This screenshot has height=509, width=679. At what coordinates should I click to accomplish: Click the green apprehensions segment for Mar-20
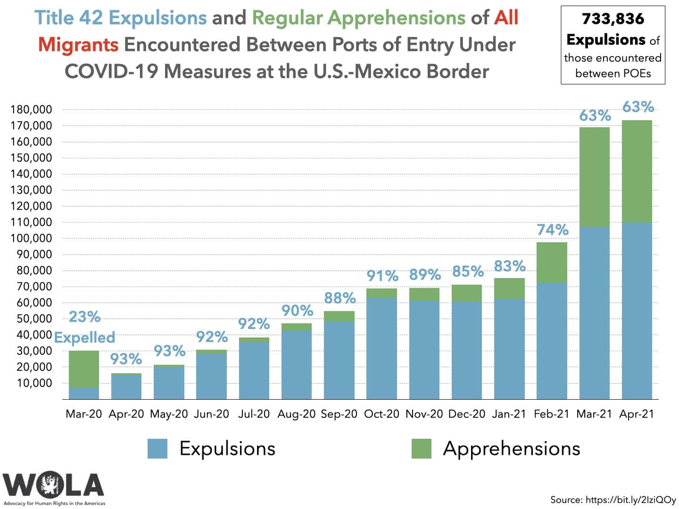(84, 369)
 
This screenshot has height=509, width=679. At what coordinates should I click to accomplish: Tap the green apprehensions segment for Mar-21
(594, 177)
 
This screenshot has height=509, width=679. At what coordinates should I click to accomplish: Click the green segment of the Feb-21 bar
(552, 263)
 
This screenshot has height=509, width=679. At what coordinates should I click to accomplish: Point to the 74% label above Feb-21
(552, 230)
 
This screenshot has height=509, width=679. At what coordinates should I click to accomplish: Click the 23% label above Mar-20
(84, 317)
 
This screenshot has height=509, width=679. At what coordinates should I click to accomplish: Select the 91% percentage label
(382, 276)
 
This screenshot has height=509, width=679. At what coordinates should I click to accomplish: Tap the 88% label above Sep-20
(339, 298)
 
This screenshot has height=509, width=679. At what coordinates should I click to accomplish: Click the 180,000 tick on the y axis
(31, 110)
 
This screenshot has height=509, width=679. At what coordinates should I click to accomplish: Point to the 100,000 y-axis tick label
(31, 238)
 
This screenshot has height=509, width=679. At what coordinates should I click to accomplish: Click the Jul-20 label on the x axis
(254, 414)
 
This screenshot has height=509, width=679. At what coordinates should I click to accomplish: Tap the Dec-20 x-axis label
(466, 414)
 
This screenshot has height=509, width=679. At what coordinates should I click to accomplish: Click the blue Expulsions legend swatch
(157, 449)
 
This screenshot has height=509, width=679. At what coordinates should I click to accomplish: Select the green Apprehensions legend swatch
(421, 449)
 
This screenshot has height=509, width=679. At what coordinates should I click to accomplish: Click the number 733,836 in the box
(613, 19)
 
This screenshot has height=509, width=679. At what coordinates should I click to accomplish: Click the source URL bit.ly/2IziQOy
(630, 500)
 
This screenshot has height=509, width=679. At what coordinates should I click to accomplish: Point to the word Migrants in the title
(78, 45)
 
